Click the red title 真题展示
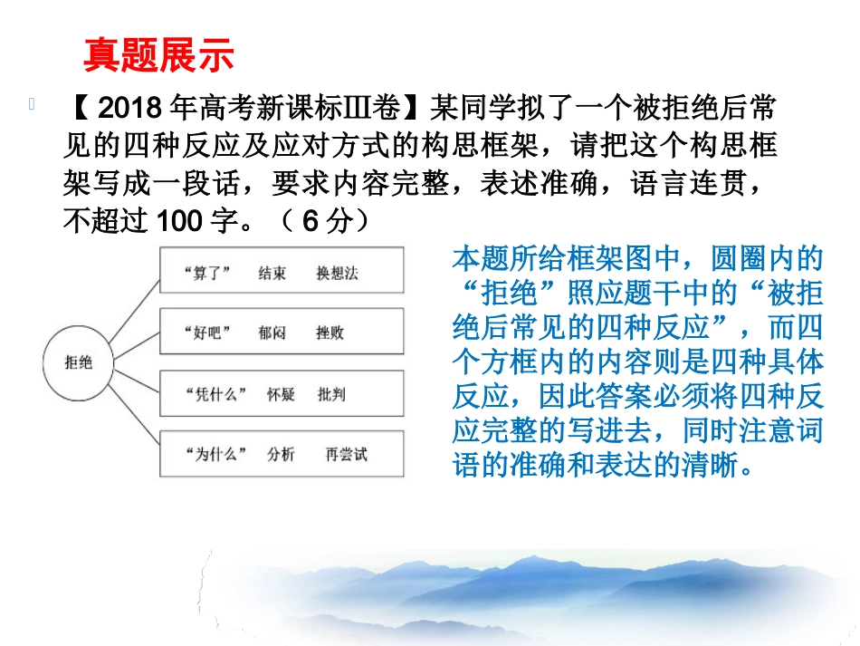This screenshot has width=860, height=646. (x=158, y=55)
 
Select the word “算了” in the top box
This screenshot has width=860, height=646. (x=208, y=273)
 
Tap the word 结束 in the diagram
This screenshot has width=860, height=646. (x=272, y=273)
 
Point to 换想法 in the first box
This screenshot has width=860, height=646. (x=338, y=273)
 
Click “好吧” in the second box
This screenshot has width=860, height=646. (x=205, y=333)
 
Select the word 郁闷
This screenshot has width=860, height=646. (x=272, y=333)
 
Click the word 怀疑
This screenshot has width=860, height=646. (x=281, y=394)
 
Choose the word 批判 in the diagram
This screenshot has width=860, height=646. (x=331, y=394)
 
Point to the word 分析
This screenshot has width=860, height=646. (x=281, y=455)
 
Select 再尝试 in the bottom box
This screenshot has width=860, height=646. (x=347, y=455)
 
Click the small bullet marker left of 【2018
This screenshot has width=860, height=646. (x=33, y=105)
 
